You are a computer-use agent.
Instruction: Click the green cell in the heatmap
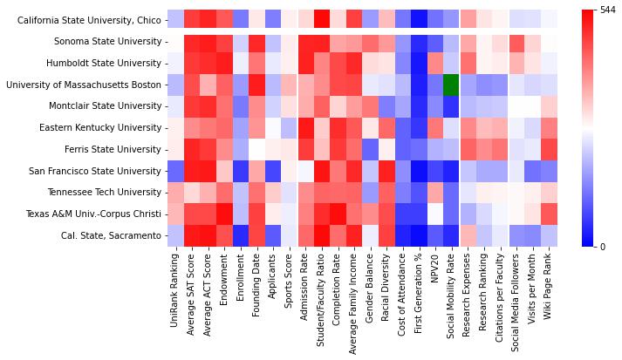451,85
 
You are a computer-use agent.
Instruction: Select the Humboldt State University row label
106,63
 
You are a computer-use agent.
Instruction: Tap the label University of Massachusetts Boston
84,85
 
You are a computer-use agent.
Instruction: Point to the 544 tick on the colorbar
597,10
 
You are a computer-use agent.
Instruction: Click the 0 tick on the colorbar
592,246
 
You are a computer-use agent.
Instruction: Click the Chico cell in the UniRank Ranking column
176,19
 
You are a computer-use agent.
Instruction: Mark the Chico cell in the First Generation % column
419,19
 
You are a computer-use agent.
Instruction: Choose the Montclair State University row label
106,106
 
